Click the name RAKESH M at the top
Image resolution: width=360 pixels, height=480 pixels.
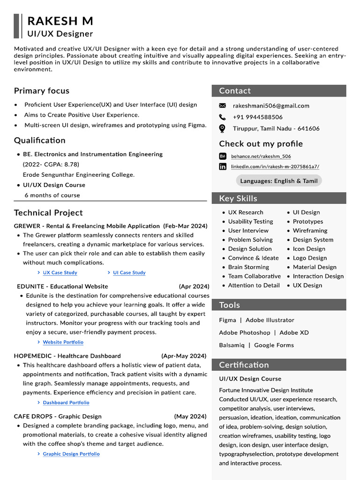pyautogui.click(x=60, y=21)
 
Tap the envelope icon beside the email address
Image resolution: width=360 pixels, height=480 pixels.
pyautogui.click(x=223, y=106)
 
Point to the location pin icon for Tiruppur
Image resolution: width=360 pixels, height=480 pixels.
pyautogui.click(x=223, y=128)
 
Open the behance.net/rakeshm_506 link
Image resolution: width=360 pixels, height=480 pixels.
pyautogui.click(x=261, y=157)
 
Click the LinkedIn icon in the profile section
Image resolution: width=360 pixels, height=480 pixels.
pyautogui.click(x=223, y=166)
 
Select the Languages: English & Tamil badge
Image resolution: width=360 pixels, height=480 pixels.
pyautogui.click(x=278, y=181)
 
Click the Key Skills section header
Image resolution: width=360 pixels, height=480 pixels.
pyautogui.click(x=238, y=198)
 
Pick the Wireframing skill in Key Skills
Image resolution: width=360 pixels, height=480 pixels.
pyautogui.click(x=310, y=231)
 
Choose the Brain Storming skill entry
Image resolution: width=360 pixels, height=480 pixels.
pyautogui.click(x=248, y=267)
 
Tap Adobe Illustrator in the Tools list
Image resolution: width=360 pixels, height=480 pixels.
pyautogui.click(x=270, y=320)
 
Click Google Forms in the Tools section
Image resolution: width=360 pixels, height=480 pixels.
pyautogui.click(x=274, y=345)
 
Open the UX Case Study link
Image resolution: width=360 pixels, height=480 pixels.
pyautogui.click(x=60, y=273)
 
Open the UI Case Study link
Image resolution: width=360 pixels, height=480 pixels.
pyautogui.click(x=129, y=273)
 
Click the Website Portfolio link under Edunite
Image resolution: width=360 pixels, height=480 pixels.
pyautogui.click(x=63, y=343)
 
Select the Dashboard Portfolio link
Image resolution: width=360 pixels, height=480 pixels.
pyautogui.click(x=66, y=403)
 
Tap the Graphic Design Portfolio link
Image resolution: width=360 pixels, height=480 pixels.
pyautogui.click(x=71, y=454)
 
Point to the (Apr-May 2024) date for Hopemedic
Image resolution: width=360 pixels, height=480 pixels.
pyautogui.click(x=184, y=356)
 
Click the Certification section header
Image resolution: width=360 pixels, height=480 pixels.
pyautogui.click(x=244, y=365)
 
